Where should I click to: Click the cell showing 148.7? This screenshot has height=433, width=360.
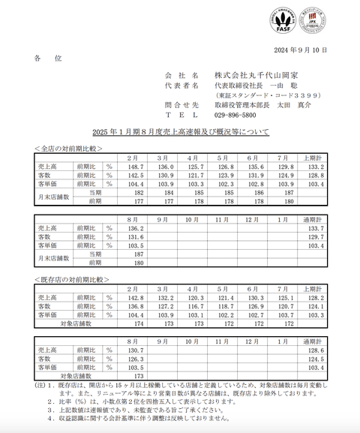pyautogui.click(x=135, y=166)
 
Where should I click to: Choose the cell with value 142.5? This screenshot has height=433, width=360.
pyautogui.click(x=135, y=175)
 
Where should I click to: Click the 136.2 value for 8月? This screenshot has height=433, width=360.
pyautogui.click(x=135, y=227)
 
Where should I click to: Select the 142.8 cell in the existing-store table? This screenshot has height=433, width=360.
pyautogui.click(x=135, y=298)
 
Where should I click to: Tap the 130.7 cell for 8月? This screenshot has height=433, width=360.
pyautogui.click(x=135, y=350)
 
